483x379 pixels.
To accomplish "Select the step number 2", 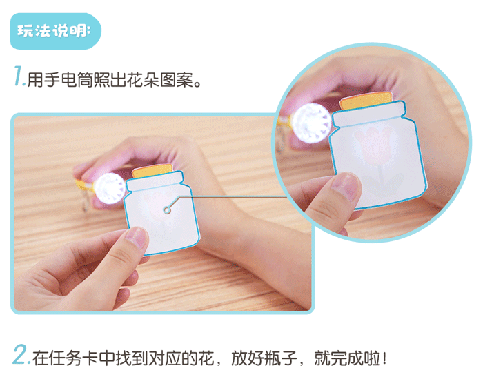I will pyautogui.click(x=21, y=356).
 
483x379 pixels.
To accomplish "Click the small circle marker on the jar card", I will pyautogui.click(x=166, y=209).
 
